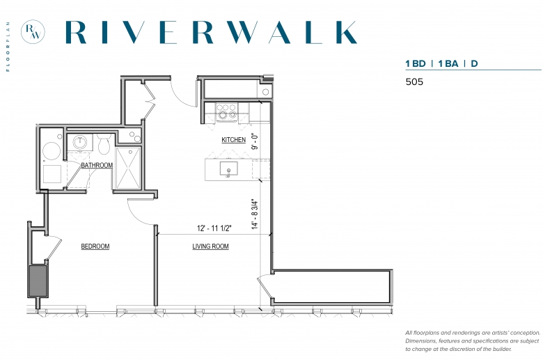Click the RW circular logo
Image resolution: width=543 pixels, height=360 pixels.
tap(33, 31)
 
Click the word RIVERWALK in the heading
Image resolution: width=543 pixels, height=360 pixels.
tap(211, 32)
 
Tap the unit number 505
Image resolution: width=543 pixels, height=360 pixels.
tap(414, 81)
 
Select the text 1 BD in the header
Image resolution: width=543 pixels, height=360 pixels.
tap(415, 63)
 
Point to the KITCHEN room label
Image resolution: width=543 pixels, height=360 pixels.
tap(233, 140)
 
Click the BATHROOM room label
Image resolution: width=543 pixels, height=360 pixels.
tap(97, 165)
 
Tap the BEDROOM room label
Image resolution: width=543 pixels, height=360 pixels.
tap(95, 246)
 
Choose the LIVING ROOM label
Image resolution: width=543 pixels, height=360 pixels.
tap(210, 246)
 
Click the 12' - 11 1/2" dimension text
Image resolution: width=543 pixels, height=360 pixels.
tap(214, 228)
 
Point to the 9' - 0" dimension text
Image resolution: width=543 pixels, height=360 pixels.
tap(255, 141)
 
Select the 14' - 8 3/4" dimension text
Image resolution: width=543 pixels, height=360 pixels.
tap(255, 214)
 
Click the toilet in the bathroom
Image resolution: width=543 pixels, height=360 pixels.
tap(104, 144)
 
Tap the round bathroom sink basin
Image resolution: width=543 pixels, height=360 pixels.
tap(79, 142)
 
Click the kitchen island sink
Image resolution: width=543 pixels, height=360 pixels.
tap(228, 169)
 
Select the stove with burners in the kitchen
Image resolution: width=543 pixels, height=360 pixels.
tap(226, 111)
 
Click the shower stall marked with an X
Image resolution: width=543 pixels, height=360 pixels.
tap(128, 169)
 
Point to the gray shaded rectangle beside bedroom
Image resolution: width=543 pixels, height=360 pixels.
tap(38, 281)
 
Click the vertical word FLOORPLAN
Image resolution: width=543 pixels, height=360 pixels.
tap(8, 47)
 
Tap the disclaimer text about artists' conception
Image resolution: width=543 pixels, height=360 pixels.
tap(473, 341)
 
